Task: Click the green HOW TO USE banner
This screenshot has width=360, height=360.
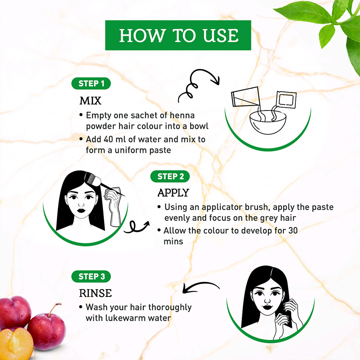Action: pyautogui.click(x=178, y=35)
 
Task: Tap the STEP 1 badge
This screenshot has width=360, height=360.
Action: pyautogui.click(x=91, y=84)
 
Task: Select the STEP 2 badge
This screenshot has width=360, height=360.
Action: pyautogui.click(x=170, y=176)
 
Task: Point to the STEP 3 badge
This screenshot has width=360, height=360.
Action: pyautogui.click(x=91, y=276)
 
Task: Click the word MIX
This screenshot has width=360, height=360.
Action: pyautogui.click(x=90, y=101)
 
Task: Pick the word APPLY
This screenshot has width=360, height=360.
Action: pyautogui.click(x=174, y=193)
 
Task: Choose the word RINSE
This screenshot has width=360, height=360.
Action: pyautogui.click(x=95, y=293)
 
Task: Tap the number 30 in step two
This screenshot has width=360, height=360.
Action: pyautogui.click(x=293, y=230)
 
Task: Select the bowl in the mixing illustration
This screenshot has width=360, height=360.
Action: pyautogui.click(x=268, y=123)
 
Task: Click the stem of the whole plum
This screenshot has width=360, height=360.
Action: pyautogui.click(x=54, y=309)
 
